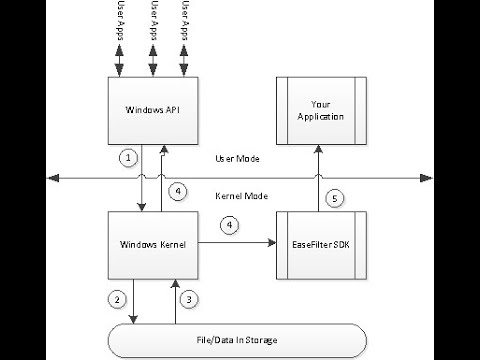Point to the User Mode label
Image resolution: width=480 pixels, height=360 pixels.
point(238,159)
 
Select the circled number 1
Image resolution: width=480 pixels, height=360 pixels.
point(125,157)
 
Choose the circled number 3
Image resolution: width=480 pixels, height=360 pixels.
point(190,297)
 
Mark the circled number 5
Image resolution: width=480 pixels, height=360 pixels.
point(335,197)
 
